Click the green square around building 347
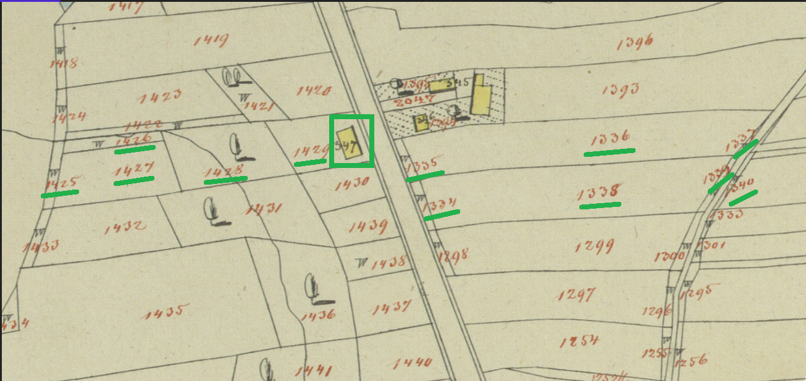point(352,141)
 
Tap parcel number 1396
point(635,43)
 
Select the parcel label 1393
point(619,90)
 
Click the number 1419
point(211,41)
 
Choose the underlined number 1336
point(610,138)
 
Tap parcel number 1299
point(594,247)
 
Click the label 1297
point(576,295)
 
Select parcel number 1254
point(579,341)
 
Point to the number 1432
point(125,228)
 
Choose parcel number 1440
point(412,362)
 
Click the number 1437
point(392,306)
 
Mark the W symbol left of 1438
point(362,262)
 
